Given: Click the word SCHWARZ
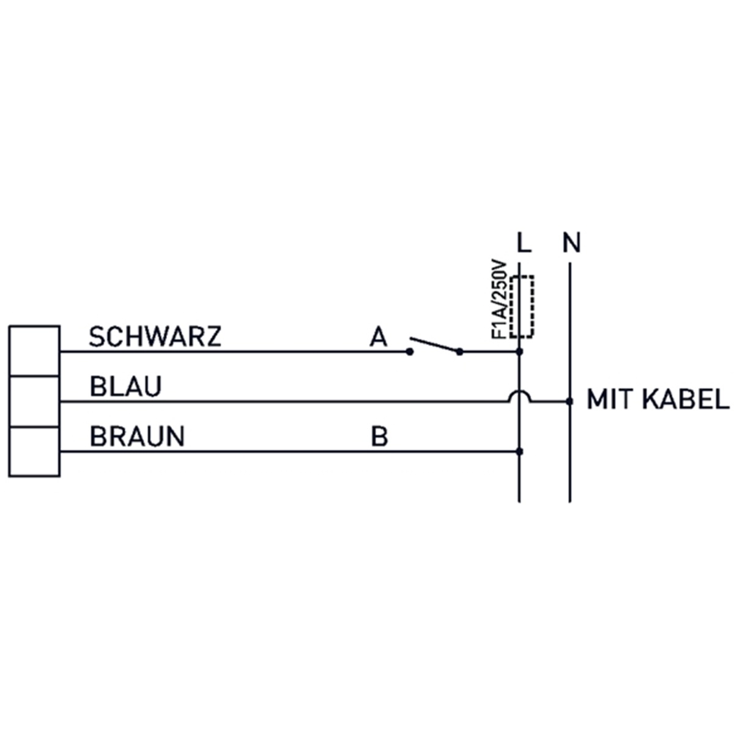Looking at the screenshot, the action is click(x=155, y=336).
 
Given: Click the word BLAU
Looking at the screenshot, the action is click(x=126, y=386).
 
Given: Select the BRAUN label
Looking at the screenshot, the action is click(x=137, y=436).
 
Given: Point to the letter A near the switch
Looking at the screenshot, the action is click(x=378, y=336).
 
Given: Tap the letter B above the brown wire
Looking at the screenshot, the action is click(x=379, y=436).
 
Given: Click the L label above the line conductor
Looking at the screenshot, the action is click(x=524, y=243).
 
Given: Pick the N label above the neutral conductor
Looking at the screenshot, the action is click(x=572, y=243).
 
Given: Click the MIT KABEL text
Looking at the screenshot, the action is click(x=658, y=399).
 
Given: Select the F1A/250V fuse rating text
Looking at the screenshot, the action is click(x=499, y=299).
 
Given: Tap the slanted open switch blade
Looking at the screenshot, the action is click(x=435, y=344).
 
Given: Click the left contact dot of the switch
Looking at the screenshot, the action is click(x=410, y=352).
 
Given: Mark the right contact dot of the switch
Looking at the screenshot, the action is click(x=460, y=352).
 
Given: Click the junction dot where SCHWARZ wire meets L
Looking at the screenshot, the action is click(x=519, y=352).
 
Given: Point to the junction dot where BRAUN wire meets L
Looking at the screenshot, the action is click(x=519, y=452).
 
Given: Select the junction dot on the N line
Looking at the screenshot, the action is click(x=569, y=401).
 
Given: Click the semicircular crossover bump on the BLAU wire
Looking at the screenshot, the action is click(x=519, y=391).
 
